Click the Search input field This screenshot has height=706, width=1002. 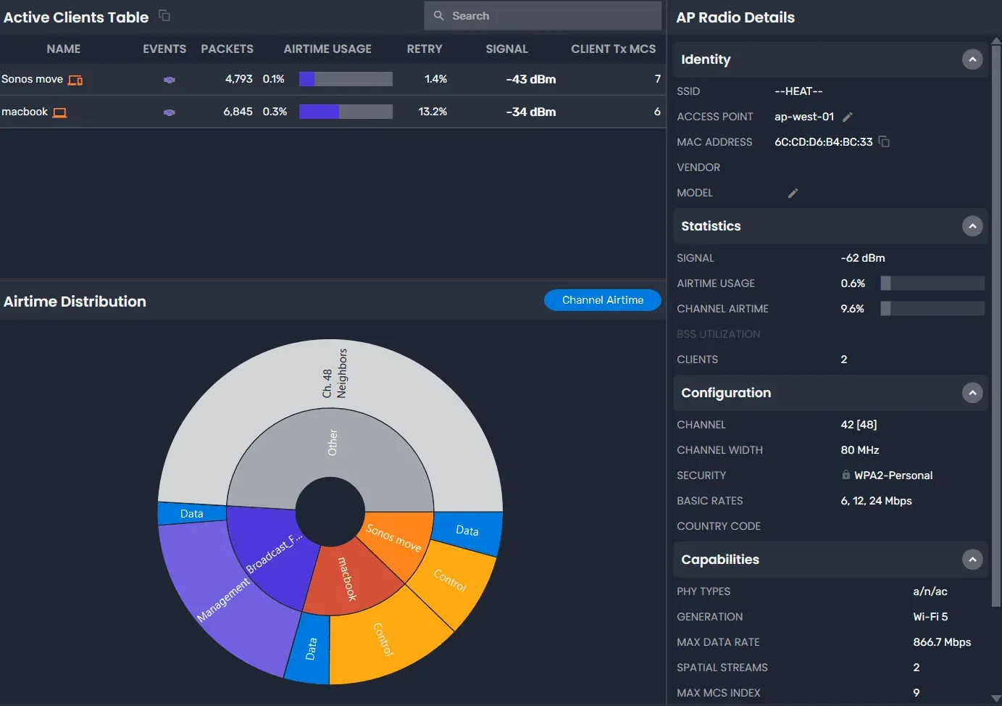pos(551,16)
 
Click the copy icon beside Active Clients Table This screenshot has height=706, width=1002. pos(164,15)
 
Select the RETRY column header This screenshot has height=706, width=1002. pos(424,49)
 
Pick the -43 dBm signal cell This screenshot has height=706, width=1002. pos(530,79)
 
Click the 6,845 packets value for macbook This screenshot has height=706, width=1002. pos(238,112)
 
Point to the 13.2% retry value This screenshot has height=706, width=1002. pos(433,112)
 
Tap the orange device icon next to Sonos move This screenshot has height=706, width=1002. pos(75,80)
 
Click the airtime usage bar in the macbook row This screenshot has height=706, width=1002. pos(346,112)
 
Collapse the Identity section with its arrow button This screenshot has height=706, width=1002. pos(972,59)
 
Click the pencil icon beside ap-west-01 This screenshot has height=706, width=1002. pos(848,117)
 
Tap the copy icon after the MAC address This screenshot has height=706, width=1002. pos(884,141)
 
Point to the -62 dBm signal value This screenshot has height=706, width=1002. pos(862,258)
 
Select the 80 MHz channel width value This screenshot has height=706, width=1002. pos(859,450)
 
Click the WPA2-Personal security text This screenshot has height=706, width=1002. pos(893,475)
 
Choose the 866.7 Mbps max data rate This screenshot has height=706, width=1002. pos(941,642)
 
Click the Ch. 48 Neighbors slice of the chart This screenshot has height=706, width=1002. pos(333,373)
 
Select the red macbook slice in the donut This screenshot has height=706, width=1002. pos(348,580)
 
